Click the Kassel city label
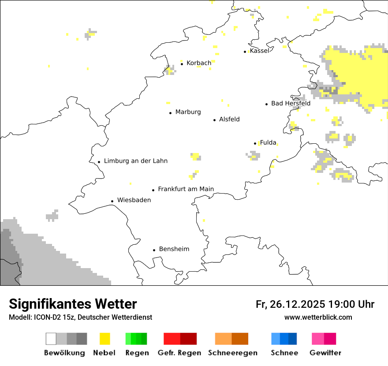(x=259, y=51)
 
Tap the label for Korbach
(x=199, y=63)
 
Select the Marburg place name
(x=188, y=112)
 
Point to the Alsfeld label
(x=229, y=119)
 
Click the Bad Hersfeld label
(x=291, y=103)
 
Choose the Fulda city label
(x=268, y=142)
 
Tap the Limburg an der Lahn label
(x=136, y=161)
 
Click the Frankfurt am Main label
(x=186, y=189)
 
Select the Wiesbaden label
(x=134, y=200)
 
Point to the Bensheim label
(x=174, y=249)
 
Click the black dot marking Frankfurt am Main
(x=153, y=190)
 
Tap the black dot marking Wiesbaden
(x=112, y=201)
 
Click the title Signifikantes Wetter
(x=73, y=304)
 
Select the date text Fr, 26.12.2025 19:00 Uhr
(x=315, y=304)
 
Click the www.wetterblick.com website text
(x=318, y=317)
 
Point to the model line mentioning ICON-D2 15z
(x=80, y=317)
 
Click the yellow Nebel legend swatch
(x=104, y=339)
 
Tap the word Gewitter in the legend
(x=325, y=353)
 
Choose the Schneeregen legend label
(x=233, y=353)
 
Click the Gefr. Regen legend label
(x=179, y=353)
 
